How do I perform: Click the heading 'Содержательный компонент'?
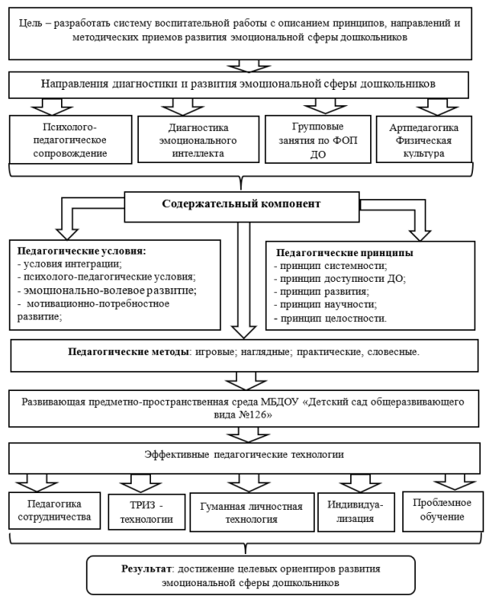(x=240, y=204)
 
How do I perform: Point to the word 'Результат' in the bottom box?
(x=143, y=568)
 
